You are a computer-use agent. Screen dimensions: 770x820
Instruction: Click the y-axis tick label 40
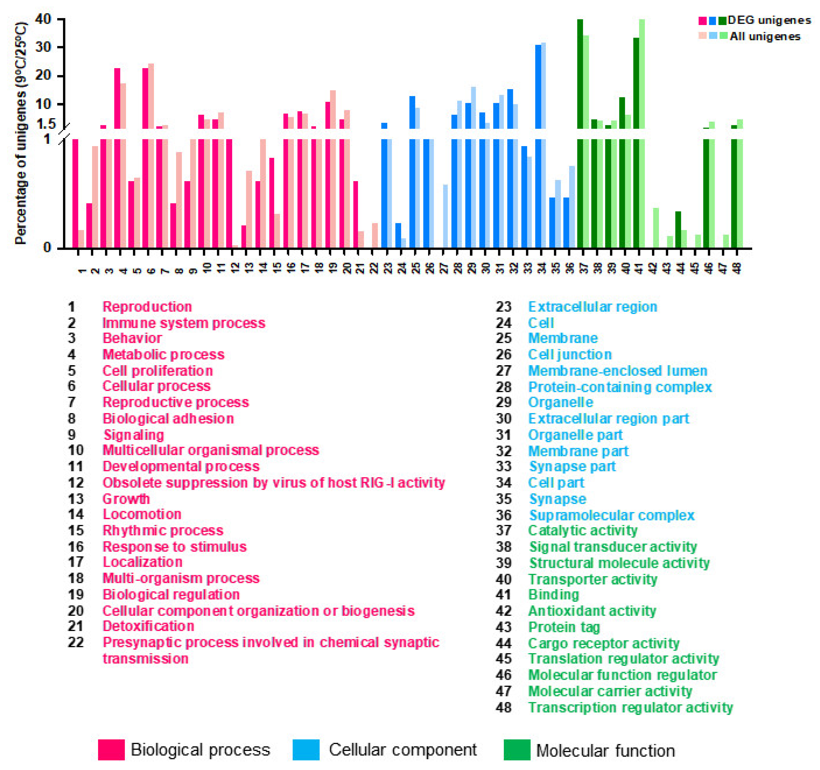[x=43, y=19]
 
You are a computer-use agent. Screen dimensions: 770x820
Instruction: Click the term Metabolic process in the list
[x=163, y=355]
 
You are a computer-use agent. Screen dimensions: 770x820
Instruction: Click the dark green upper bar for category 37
[x=580, y=74]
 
